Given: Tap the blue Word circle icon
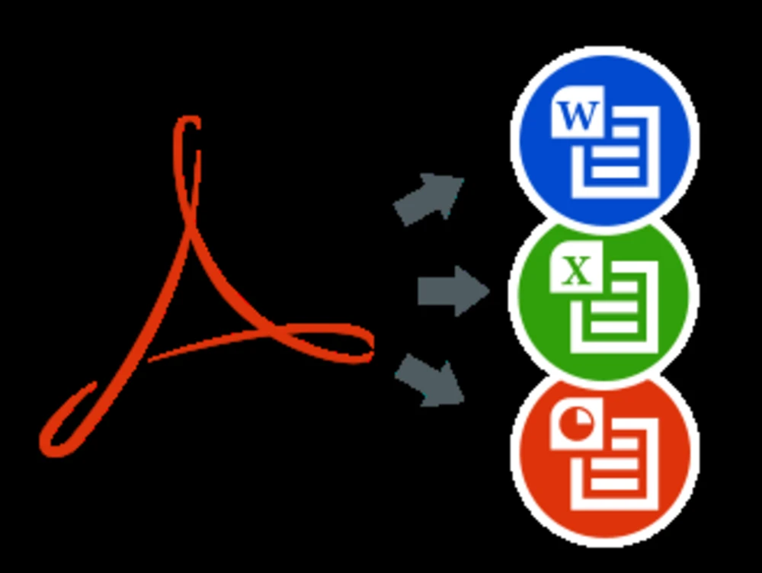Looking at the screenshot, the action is pos(604,136).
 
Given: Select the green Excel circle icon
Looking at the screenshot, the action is pos(604,297).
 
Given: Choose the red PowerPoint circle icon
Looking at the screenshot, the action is pos(604,459).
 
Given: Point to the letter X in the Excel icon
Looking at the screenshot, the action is pos(576,270).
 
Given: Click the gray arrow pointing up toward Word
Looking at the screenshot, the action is pos(428,199).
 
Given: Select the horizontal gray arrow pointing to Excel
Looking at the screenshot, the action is pos(453,291).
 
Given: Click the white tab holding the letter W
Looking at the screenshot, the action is pos(578,112).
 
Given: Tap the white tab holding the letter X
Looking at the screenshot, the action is pos(576,267).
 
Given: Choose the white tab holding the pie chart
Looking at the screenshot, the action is pos(576,424).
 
